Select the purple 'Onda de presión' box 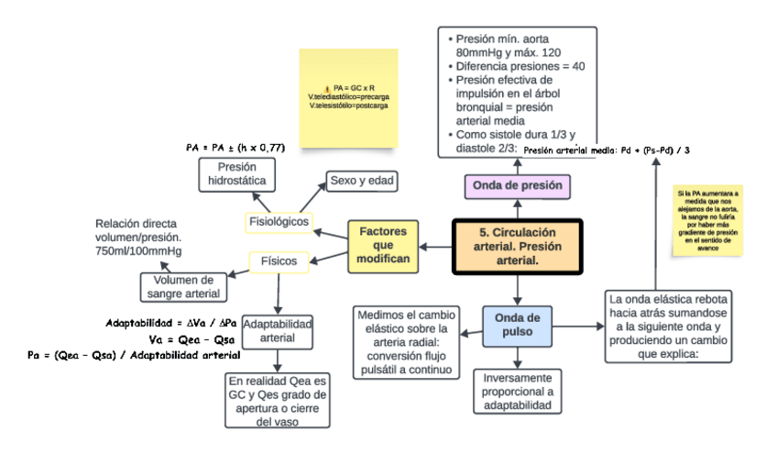(x=516, y=186)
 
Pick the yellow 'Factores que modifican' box (x=383, y=247)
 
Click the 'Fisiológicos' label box (x=280, y=222)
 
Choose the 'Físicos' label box (x=279, y=261)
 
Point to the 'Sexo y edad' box (x=362, y=181)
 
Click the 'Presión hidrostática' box (x=236, y=174)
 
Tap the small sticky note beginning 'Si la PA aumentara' (x=708, y=221)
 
